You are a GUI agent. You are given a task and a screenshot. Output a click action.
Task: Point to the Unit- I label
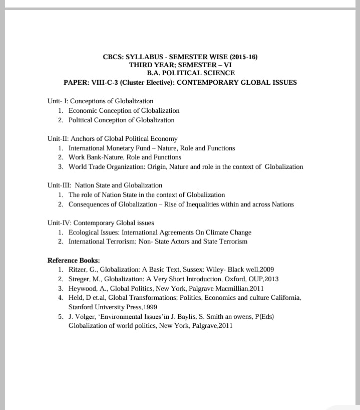pyautogui.click(x=58, y=101)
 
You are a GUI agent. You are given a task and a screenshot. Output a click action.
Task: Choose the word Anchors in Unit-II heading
pyautogui.click(x=83, y=138)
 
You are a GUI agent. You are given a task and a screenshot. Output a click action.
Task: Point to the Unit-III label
pyautogui.click(x=59, y=185)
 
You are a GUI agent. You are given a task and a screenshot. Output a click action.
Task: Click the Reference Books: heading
pyautogui.click(x=74, y=260)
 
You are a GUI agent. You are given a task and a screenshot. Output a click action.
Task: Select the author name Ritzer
pyautogui.click(x=78, y=269)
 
